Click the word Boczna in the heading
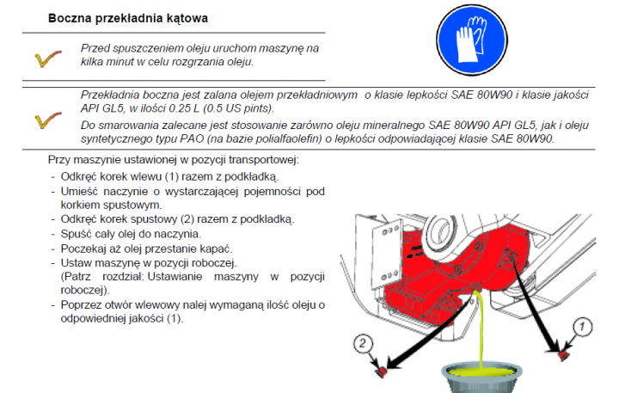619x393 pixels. [x=72, y=17]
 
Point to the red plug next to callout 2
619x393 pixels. [x=380, y=370]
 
